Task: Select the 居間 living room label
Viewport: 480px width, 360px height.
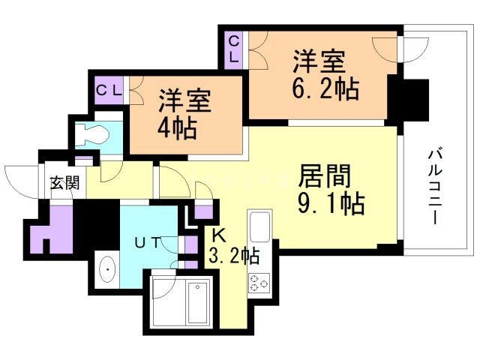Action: pos(325,177)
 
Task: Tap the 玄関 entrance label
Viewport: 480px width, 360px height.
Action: pos(64,183)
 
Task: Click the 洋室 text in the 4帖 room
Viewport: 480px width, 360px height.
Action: pos(184,100)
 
